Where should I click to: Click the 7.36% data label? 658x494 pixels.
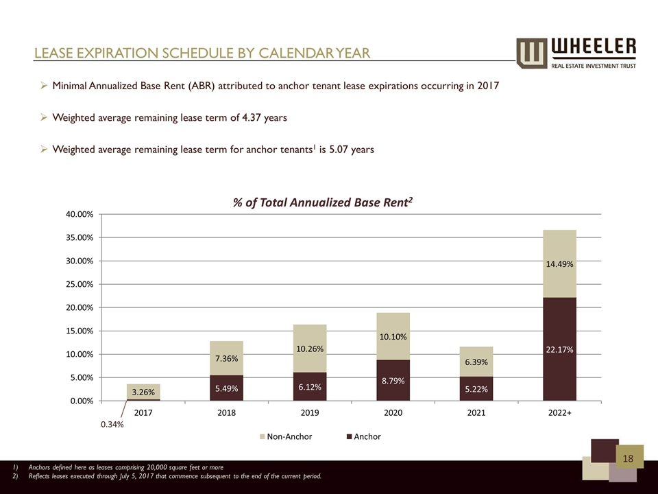[x=226, y=358]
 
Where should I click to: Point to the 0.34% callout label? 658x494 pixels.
[x=112, y=425]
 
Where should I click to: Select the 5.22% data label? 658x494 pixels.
[x=476, y=388]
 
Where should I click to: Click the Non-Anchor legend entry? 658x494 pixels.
[x=286, y=436]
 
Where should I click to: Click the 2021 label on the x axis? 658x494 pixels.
[x=476, y=413]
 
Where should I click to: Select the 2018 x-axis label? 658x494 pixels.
[x=226, y=413]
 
